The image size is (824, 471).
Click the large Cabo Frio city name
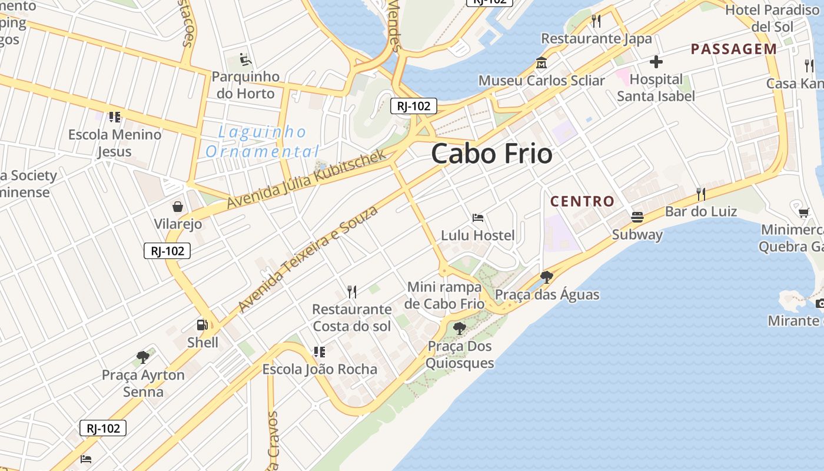pos(491,154)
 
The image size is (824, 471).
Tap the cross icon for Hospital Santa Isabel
pos(656,62)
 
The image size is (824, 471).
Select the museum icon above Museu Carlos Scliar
pos(541,63)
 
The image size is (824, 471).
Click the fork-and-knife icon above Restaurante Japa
pos(596,21)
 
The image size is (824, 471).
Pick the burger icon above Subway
pos(637,217)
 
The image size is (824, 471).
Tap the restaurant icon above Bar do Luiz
pos(700,194)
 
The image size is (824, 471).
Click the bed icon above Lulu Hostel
pos(478,218)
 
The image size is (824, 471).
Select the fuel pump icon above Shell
pos(202,325)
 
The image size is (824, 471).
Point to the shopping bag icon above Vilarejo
pos(177,207)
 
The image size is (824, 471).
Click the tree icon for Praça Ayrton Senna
pos(142,357)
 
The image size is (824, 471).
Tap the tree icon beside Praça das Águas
pos(546,277)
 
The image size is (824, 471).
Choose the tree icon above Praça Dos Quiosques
pos(459,329)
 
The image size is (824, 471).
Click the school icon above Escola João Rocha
pos(319,352)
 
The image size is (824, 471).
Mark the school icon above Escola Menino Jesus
pos(114,117)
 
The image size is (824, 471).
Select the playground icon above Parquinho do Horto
pos(245,59)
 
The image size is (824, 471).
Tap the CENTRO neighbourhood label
pos(582,201)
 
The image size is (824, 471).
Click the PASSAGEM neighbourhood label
pos(733,49)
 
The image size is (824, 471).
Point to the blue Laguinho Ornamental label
pos(263,141)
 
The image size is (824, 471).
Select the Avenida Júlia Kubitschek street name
pos(306,179)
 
